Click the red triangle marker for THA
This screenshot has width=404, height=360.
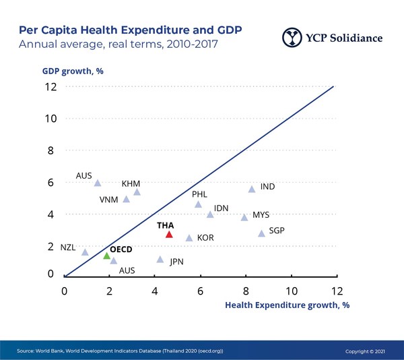tap(169, 235)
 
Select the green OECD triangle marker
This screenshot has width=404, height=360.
tap(106, 256)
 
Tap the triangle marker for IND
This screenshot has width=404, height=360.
tap(252, 189)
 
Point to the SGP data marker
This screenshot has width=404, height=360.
tap(261, 233)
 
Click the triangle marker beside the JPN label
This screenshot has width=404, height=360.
tap(160, 259)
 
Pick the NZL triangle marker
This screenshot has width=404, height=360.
tap(85, 252)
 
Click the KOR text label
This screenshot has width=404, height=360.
tap(205, 238)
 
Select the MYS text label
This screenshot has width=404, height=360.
tap(261, 215)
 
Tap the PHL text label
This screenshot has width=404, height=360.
tap(200, 194)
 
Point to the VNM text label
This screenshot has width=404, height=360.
tap(109, 200)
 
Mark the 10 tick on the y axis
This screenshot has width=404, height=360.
tap(48, 118)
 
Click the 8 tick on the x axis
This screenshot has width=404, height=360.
tap(246, 291)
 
